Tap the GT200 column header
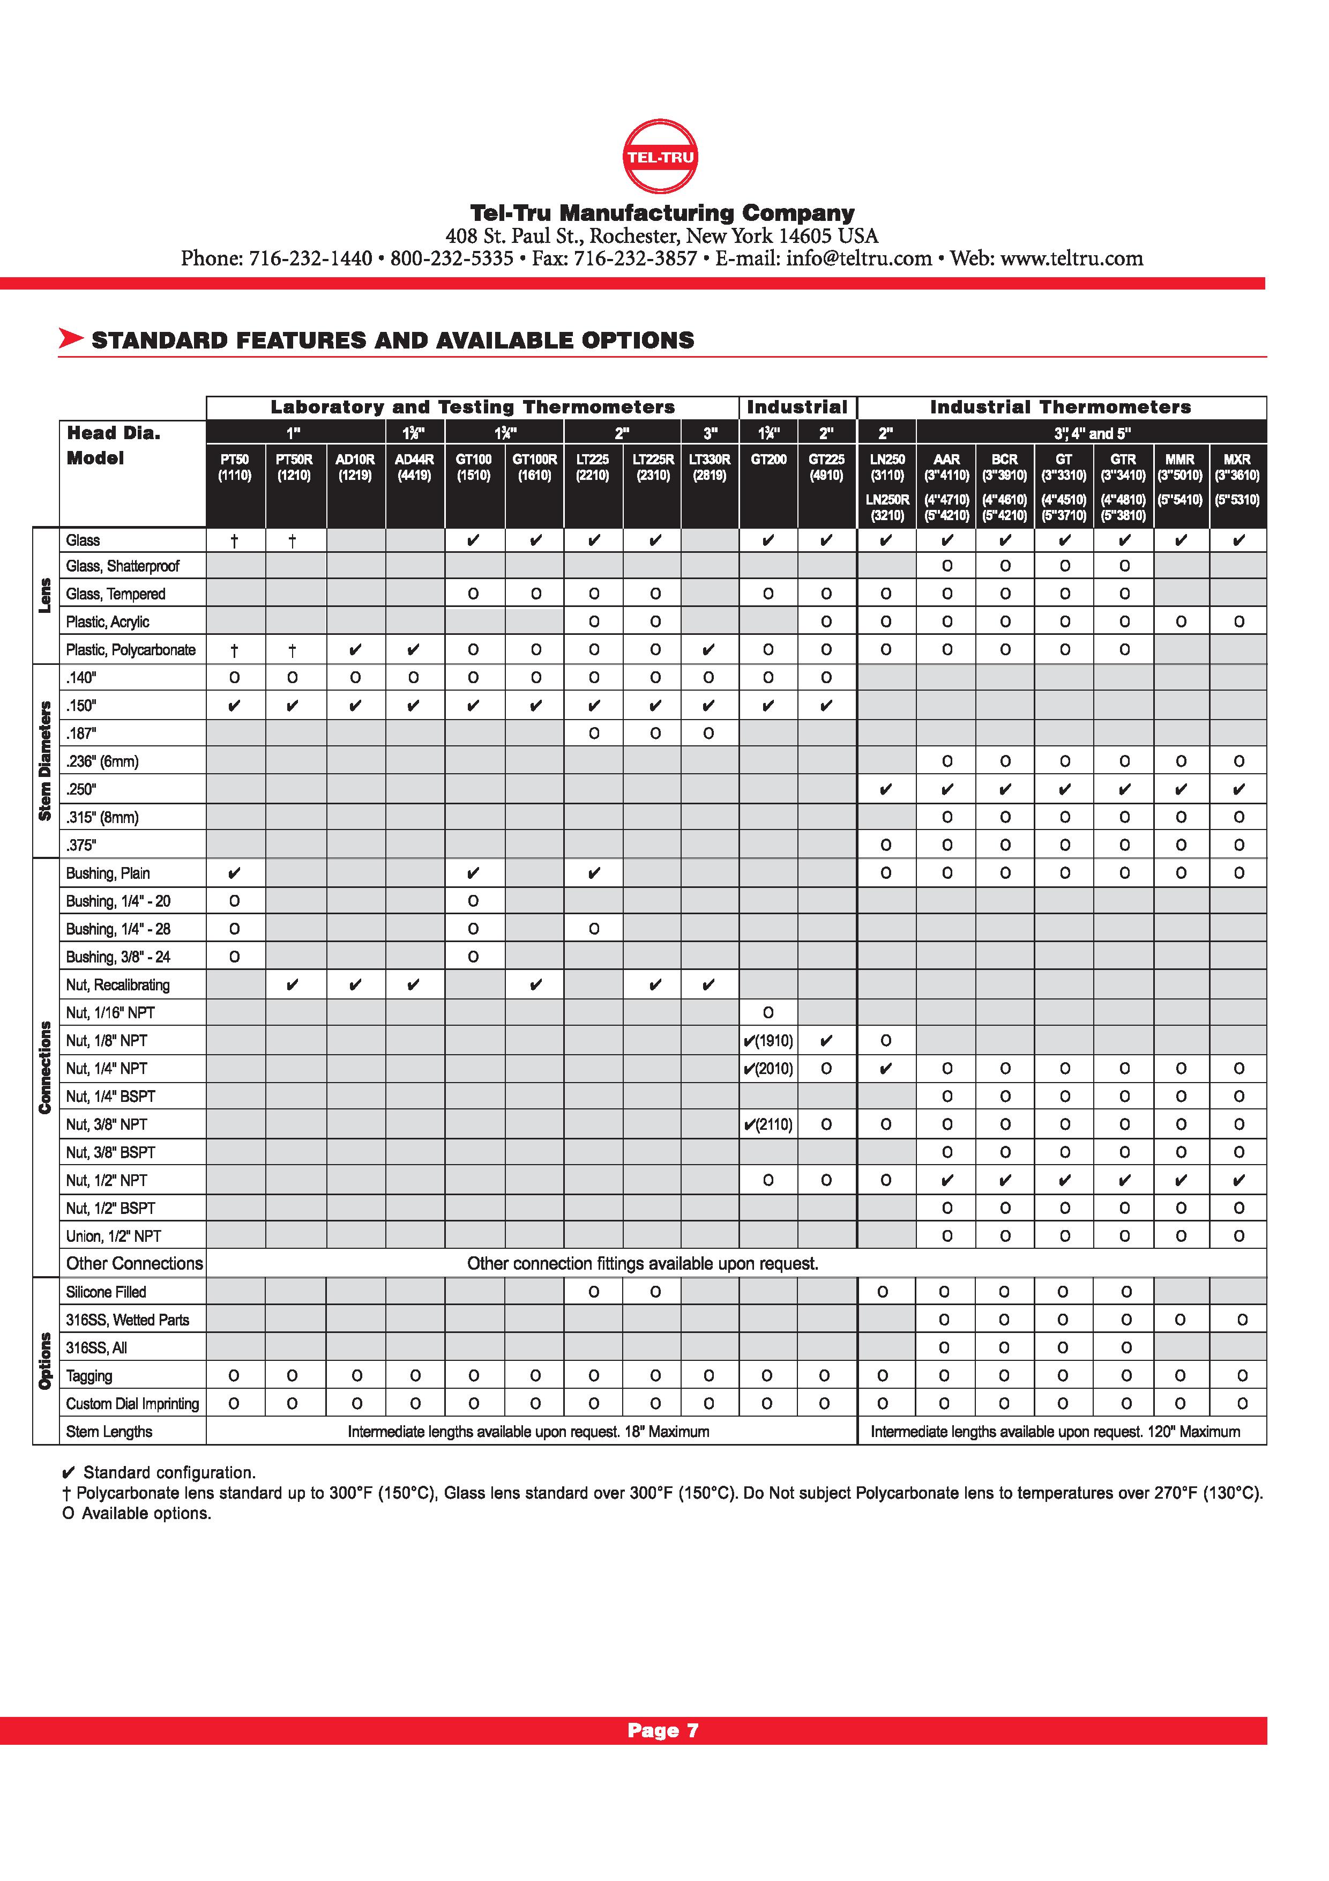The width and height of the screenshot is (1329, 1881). pos(768,460)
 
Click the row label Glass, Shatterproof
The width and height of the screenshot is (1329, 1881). pos(123,566)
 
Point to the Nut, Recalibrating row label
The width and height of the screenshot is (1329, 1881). pos(118,985)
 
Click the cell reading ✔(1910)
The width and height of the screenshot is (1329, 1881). pos(768,1040)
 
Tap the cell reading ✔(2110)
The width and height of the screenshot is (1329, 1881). pos(768,1124)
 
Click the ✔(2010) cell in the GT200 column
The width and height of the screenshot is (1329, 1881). pos(768,1068)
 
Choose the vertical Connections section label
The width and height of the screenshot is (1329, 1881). pos(45,1068)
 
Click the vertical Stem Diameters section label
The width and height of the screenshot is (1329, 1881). pos(45,761)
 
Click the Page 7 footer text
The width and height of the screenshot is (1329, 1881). pos(663,1730)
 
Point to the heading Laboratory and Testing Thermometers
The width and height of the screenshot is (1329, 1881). pos(473,407)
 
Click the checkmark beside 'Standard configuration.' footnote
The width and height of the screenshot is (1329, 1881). pos(70,1472)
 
